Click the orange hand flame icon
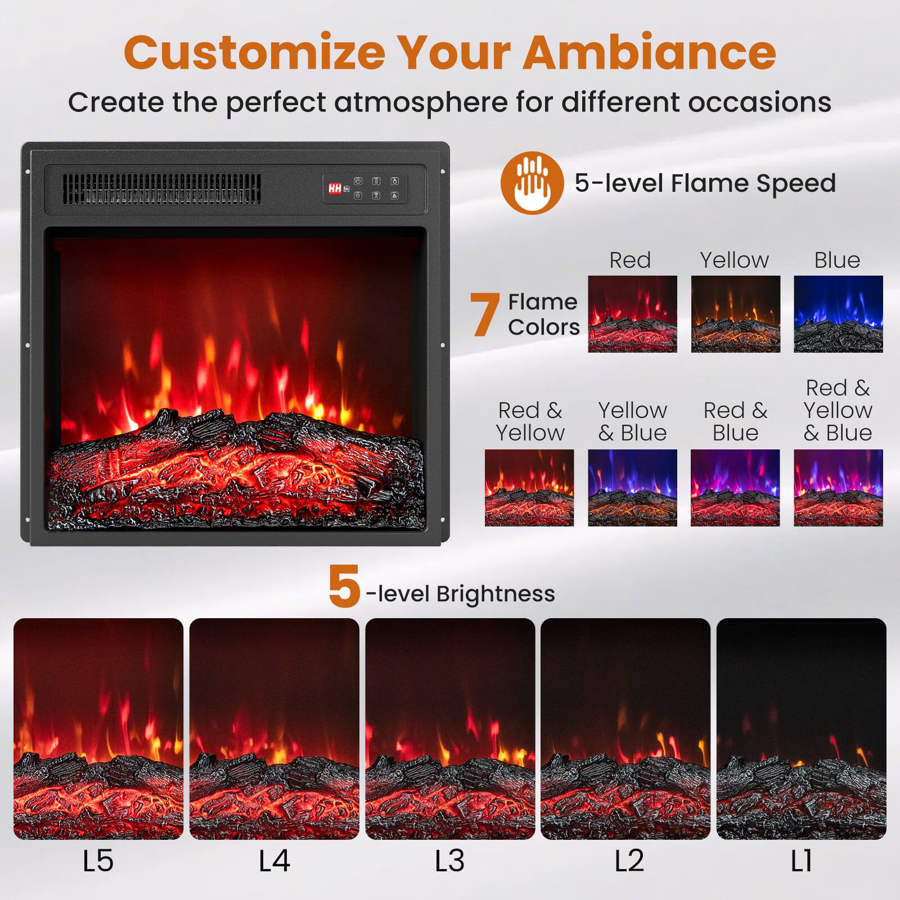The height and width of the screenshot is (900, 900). pyautogui.click(x=532, y=183)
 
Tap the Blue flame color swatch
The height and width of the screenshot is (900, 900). pyautogui.click(x=838, y=314)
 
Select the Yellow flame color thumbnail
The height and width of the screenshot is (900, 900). pyautogui.click(x=735, y=314)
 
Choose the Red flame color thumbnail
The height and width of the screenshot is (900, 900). pyautogui.click(x=632, y=314)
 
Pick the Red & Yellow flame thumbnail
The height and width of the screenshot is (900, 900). pyautogui.click(x=529, y=488)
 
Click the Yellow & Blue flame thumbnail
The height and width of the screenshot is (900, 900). pyautogui.click(x=632, y=488)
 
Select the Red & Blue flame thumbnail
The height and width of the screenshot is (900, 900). pyautogui.click(x=735, y=488)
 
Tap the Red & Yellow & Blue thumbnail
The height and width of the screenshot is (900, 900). pyautogui.click(x=838, y=488)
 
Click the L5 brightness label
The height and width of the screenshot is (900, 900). pyautogui.click(x=98, y=861)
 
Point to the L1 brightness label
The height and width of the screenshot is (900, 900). pyautogui.click(x=801, y=861)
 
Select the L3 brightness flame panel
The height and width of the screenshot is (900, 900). pyautogui.click(x=450, y=728)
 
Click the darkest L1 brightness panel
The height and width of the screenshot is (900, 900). pyautogui.click(x=801, y=728)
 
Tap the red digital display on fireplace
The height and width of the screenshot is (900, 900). pyautogui.click(x=335, y=188)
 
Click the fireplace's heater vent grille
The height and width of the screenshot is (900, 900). pyautogui.click(x=161, y=188)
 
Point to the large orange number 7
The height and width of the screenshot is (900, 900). pyautogui.click(x=484, y=315)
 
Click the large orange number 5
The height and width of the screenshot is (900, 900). pyautogui.click(x=344, y=587)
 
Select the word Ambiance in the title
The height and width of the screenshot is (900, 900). pyautogui.click(x=649, y=52)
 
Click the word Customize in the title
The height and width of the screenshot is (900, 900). pyautogui.click(x=254, y=52)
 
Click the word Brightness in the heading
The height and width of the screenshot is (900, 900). pyautogui.click(x=495, y=594)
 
